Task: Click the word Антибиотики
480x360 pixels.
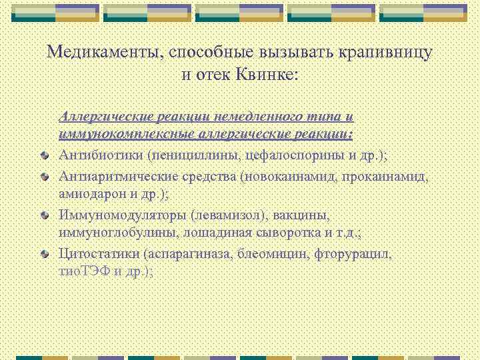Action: pos(102,155)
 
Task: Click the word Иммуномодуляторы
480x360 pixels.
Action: pos(123,216)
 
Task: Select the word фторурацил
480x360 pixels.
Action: pos(354,255)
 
